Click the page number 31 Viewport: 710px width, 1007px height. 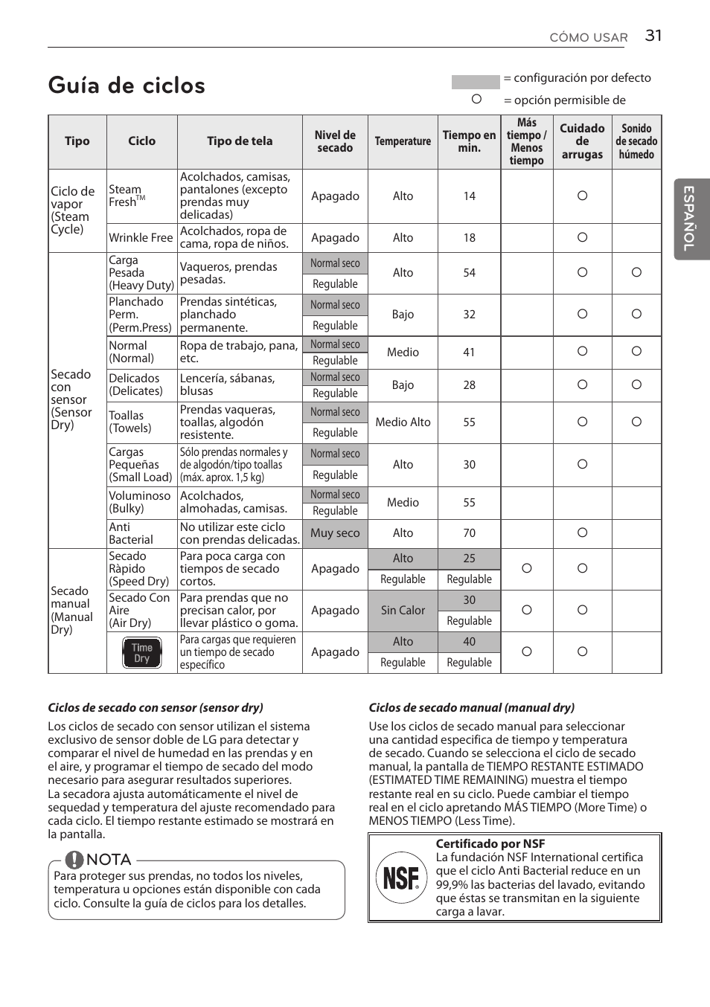click(x=653, y=36)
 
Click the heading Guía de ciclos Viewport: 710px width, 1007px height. click(x=127, y=86)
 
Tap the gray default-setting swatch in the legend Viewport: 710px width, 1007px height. click(x=476, y=82)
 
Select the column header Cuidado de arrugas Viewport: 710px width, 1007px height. click(x=581, y=141)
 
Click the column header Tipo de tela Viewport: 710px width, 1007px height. click(x=240, y=141)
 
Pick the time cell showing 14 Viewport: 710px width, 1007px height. click(x=469, y=196)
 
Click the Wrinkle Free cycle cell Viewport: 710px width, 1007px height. click(x=141, y=238)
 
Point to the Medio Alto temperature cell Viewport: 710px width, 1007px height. click(x=403, y=422)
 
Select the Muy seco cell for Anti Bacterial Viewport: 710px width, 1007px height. click(x=335, y=533)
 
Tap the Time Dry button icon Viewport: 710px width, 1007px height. click(x=142, y=653)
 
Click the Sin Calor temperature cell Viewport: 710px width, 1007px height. click(x=403, y=611)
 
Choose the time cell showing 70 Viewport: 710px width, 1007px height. click(x=469, y=533)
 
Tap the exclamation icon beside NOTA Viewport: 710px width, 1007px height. click(x=74, y=860)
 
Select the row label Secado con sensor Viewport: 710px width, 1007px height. click(x=71, y=400)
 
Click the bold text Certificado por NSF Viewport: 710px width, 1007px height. click(x=490, y=843)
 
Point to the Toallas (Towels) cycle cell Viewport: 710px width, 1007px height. click(x=130, y=422)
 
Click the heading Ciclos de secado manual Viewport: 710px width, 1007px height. click(x=471, y=707)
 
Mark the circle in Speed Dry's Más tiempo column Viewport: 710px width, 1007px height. click(x=526, y=568)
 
